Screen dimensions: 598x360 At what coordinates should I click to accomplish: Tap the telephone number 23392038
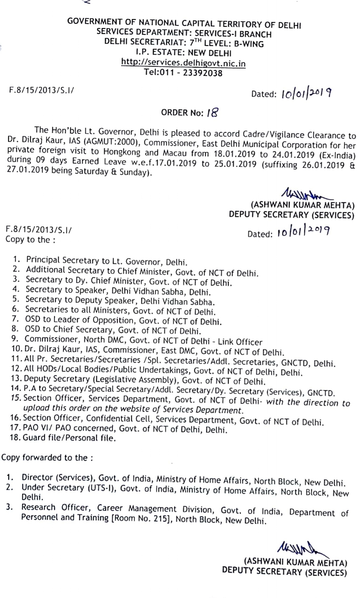(203, 72)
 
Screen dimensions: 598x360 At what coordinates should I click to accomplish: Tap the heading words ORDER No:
(182, 112)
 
